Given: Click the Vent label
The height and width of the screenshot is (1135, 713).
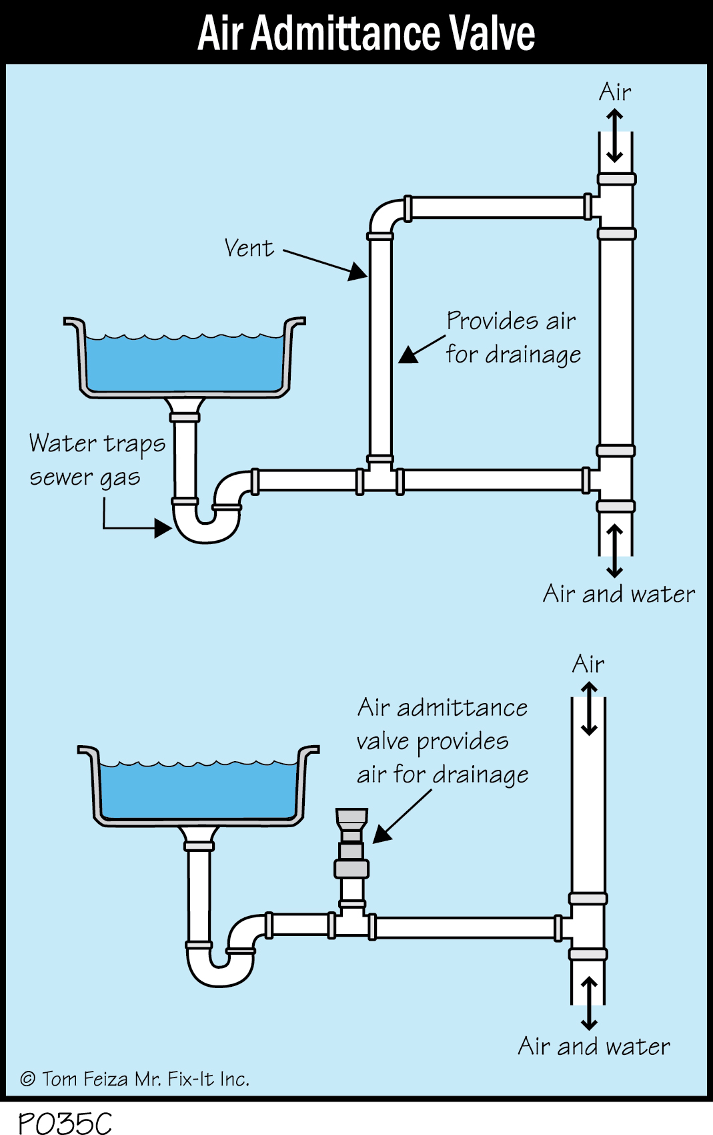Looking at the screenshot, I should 249,248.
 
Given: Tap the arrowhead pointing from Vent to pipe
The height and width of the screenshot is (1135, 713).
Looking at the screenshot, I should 358,272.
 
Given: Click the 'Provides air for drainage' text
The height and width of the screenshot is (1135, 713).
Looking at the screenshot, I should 512,338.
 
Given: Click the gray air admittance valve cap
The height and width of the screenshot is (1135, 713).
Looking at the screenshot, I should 351,817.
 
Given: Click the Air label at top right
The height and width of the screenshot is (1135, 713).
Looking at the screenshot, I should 614,92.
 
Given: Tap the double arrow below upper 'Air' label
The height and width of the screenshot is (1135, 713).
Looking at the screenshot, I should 614,136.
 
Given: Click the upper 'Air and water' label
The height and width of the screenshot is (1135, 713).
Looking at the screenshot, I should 618,594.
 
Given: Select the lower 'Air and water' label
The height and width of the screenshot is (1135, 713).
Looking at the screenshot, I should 594,1046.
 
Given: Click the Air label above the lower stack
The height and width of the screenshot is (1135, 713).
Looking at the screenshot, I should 588,664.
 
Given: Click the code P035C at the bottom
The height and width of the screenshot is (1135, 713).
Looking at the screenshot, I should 65,1122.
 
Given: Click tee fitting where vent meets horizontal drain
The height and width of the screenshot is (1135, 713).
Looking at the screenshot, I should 380,477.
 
